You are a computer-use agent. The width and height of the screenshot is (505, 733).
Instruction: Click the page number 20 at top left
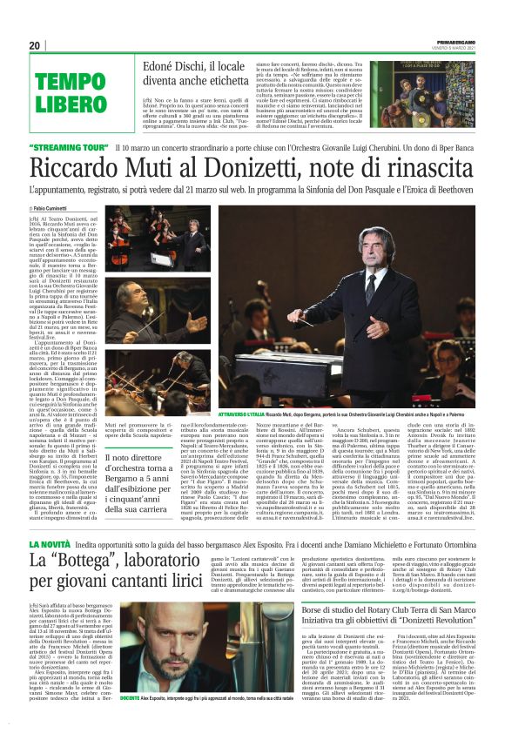click(x=35, y=45)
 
